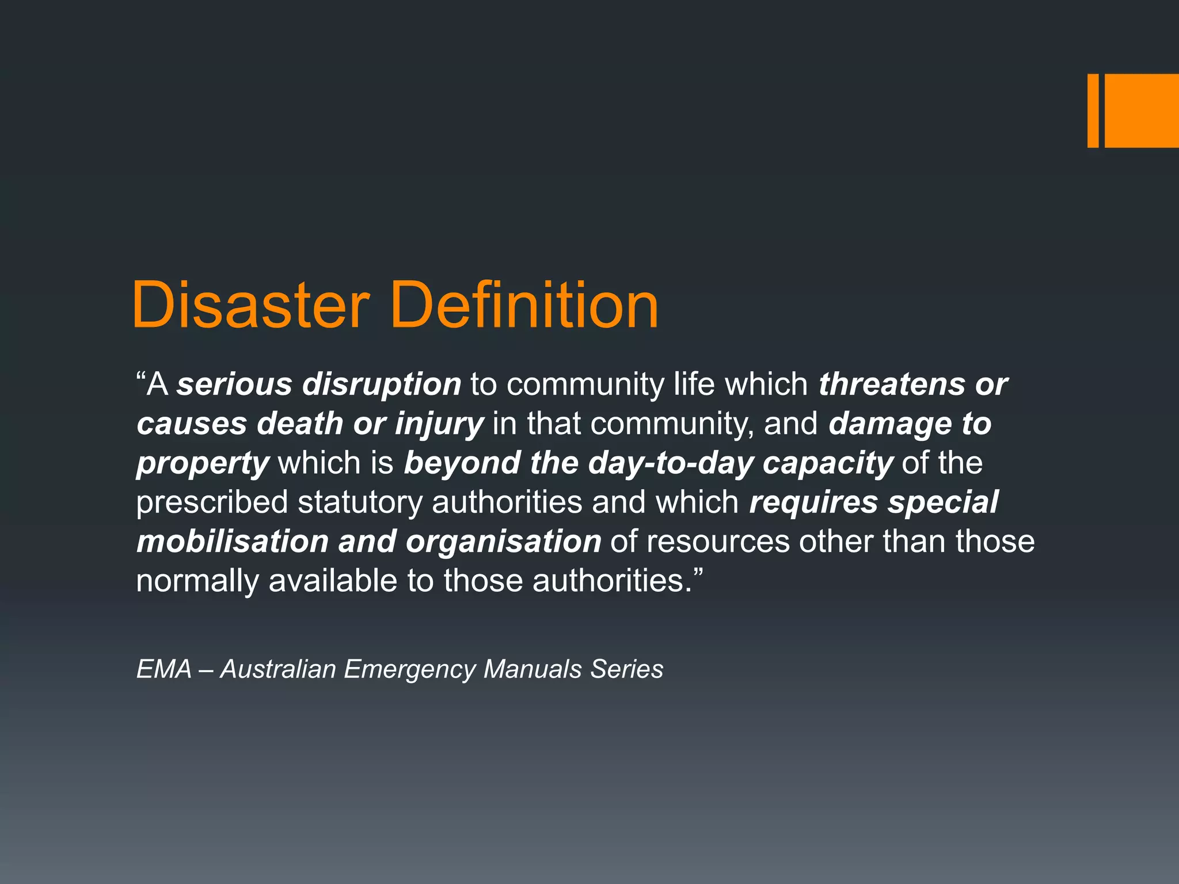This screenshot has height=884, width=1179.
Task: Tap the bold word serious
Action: point(234,384)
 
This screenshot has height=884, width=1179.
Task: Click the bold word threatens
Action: point(892,384)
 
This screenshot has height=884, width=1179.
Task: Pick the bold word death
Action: point(300,424)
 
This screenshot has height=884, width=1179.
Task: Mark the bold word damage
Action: point(890,424)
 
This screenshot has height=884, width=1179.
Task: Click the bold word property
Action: point(203,464)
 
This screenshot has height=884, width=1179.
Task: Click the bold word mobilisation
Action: point(233,542)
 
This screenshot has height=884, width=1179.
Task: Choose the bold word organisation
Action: point(503,542)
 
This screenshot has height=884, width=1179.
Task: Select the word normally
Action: point(197,581)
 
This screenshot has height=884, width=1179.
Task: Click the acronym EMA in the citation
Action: point(164,669)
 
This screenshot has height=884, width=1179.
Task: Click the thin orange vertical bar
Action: point(1093,110)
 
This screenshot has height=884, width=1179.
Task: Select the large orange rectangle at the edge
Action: point(1142,110)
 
